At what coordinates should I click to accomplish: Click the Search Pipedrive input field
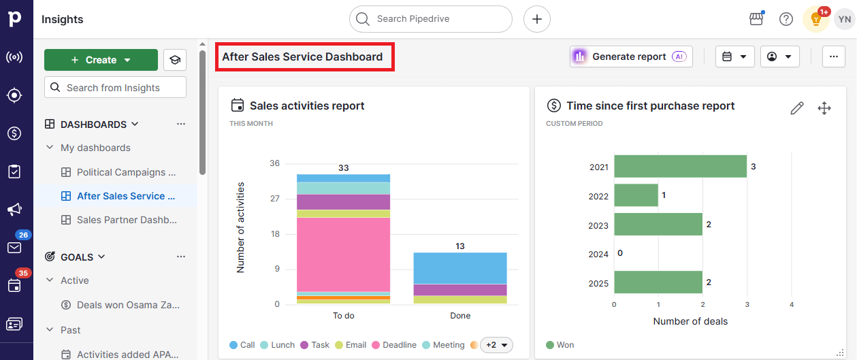click(x=430, y=19)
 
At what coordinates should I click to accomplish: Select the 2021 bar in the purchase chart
click(x=680, y=167)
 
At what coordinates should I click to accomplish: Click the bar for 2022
click(x=636, y=195)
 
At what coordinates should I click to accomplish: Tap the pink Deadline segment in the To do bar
click(x=343, y=254)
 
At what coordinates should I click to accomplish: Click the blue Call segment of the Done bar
click(x=460, y=268)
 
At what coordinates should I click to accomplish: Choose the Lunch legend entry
click(x=278, y=345)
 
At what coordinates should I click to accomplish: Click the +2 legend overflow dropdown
click(x=496, y=345)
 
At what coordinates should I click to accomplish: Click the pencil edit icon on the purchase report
click(x=797, y=108)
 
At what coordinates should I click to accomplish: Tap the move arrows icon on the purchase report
click(x=824, y=108)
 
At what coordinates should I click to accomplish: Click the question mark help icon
click(x=786, y=19)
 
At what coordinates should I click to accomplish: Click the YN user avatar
click(x=844, y=19)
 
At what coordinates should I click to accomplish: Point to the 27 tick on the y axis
click(x=274, y=199)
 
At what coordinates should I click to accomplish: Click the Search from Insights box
click(x=115, y=88)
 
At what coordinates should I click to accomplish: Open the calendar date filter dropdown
click(x=734, y=56)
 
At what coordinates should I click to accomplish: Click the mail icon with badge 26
click(x=14, y=247)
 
